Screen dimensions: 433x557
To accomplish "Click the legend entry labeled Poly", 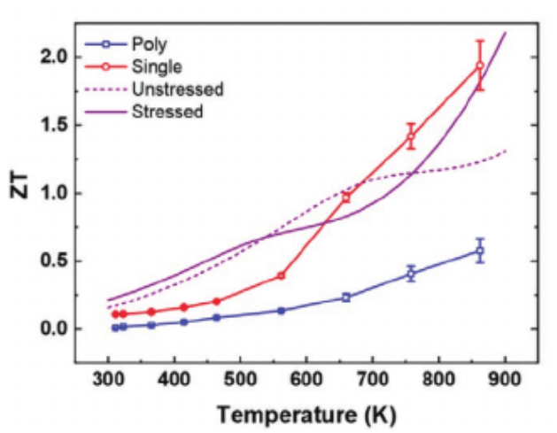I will [147, 44].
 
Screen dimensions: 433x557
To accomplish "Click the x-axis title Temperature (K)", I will [306, 413].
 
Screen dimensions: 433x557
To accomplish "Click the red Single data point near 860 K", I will [480, 66].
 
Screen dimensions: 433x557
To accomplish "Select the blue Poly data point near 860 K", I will [480, 251].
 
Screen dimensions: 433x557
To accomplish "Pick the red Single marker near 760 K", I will [411, 135].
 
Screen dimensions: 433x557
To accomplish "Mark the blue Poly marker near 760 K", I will [411, 274].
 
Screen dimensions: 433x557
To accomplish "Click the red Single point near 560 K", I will [281, 275].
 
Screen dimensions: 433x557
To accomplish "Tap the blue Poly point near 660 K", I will [346, 298].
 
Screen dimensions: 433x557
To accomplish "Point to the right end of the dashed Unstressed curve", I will [506, 151].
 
